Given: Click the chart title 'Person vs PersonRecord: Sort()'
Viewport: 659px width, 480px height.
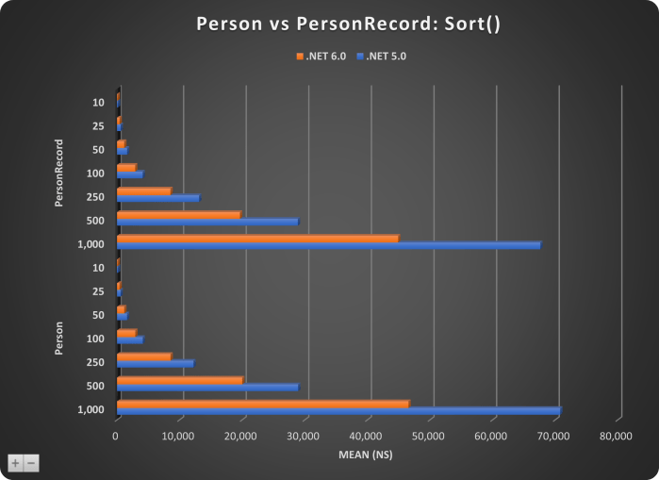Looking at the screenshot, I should click(x=329, y=24).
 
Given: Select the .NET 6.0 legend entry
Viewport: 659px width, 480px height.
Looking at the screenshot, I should click(x=321, y=57).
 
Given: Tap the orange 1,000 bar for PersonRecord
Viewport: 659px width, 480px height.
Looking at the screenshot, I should click(x=256, y=238).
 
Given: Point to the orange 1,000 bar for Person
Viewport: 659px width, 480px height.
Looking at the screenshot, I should click(x=262, y=404).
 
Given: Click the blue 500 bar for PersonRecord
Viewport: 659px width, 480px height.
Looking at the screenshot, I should click(x=206, y=222).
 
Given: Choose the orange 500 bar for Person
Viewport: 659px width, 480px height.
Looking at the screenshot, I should click(x=179, y=380).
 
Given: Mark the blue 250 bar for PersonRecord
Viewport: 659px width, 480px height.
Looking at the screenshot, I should click(x=157, y=198).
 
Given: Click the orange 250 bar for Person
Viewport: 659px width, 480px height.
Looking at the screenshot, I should click(x=143, y=356).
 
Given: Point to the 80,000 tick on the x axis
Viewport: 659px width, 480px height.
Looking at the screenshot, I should click(x=620, y=436).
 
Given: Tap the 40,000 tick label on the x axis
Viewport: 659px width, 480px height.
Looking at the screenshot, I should click(x=370, y=436).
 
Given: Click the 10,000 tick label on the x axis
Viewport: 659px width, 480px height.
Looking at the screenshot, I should click(x=178, y=436).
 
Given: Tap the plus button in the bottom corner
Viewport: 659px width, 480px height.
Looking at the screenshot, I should click(x=15, y=463).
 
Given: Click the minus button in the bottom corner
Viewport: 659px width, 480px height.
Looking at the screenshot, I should click(x=31, y=463).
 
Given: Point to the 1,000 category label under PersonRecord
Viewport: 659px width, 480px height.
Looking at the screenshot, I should click(x=91, y=244).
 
